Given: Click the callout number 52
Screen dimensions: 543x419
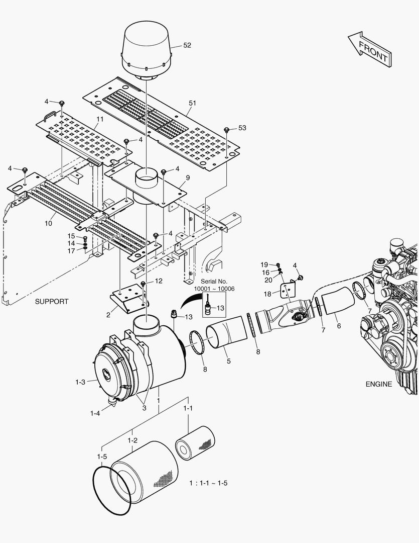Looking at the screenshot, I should tap(187, 45).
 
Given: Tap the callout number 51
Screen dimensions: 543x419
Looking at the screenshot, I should tap(192, 103).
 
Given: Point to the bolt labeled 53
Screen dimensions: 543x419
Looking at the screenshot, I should tap(227, 130).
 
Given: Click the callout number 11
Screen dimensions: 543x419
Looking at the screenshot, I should tap(100, 119).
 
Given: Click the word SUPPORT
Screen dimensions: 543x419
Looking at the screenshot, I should tap(52, 302).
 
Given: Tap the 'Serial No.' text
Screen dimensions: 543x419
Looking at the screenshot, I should tap(214, 282).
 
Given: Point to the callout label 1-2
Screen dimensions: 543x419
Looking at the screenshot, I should tap(132, 440).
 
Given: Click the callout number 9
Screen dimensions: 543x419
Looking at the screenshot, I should tap(188, 177).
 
